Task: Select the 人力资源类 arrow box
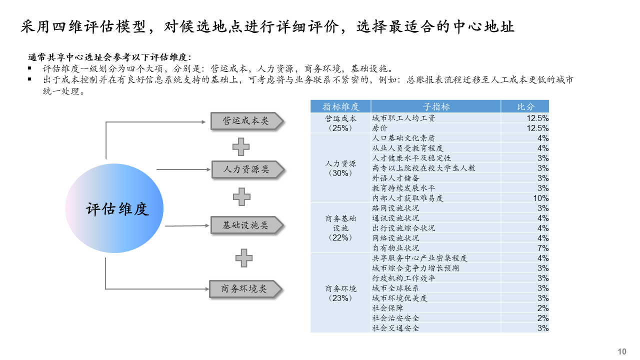246,169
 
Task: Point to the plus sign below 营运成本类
241,146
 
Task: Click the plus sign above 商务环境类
244,257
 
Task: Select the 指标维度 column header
340,106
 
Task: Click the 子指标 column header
436,106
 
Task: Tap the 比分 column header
525,106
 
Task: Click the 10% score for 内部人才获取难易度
525,198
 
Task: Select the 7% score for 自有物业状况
525,248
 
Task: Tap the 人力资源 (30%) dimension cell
340,168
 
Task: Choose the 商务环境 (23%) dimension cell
340,293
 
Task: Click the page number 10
622,351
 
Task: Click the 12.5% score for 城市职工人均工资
525,118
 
